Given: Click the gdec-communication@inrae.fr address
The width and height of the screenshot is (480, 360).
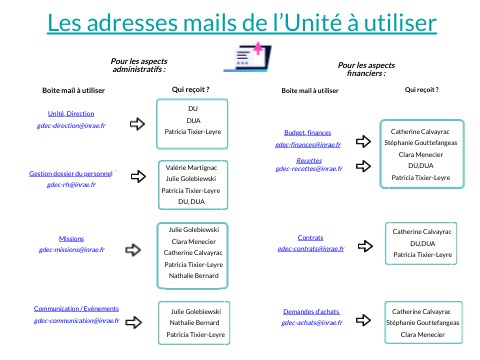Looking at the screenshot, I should point(76,321).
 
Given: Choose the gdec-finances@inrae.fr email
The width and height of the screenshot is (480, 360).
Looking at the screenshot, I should point(308,144).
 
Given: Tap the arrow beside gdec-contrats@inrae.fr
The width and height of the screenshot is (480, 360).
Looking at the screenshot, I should point(362,242).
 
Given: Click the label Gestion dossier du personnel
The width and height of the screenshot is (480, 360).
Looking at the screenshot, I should point(73,173).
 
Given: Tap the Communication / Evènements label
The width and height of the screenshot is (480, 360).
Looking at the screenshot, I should point(76,309).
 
